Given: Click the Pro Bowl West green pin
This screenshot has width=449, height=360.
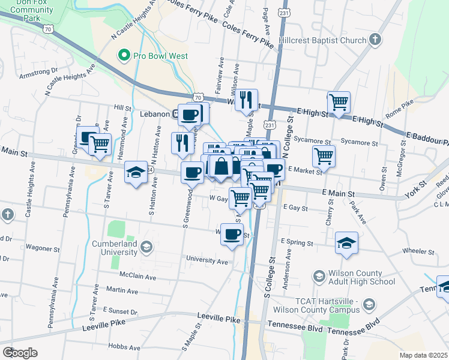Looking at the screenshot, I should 125,56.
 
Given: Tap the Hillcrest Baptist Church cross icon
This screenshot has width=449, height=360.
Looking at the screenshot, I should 375,40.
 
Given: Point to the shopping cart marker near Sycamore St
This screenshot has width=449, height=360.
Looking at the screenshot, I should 324,156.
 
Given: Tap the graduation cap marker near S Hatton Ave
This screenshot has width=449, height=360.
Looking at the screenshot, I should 136,173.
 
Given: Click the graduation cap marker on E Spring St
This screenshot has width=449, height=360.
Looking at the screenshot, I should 346,242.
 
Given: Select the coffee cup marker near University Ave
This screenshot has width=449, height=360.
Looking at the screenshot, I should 232,234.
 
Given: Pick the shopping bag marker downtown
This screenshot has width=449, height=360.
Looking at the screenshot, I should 221,166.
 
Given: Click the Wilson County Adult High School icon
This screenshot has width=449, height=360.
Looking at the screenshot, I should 319,276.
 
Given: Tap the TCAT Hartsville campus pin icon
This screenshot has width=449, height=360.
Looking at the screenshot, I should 369,305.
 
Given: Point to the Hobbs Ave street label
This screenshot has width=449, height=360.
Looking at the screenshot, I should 124,347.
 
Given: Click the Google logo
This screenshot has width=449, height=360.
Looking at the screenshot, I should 20,352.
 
